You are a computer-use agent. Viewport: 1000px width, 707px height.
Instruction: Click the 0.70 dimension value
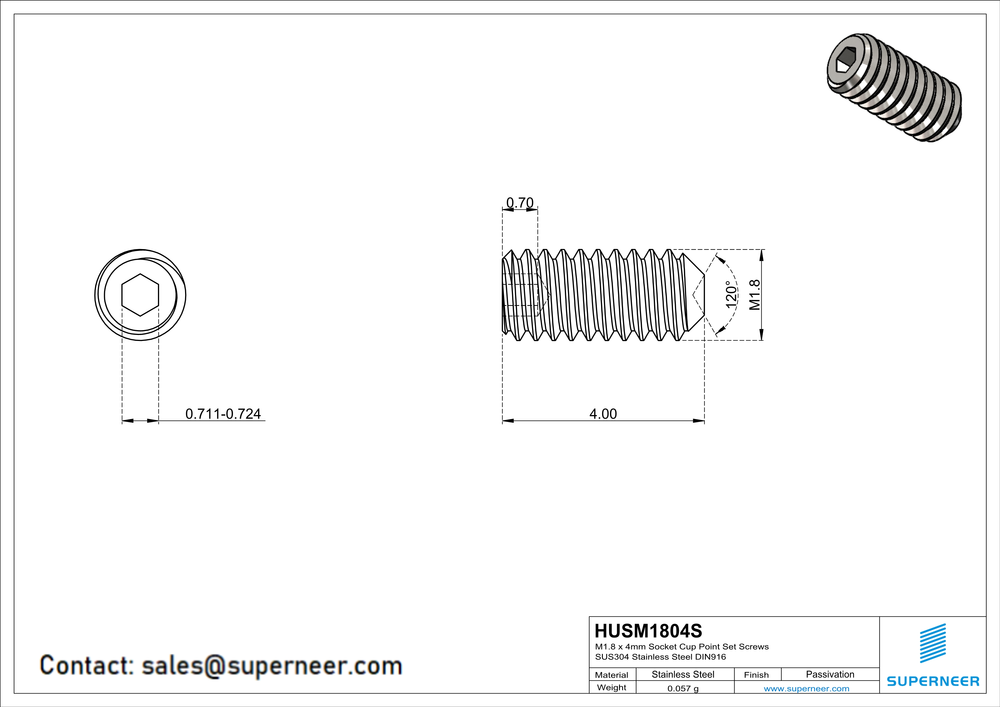(520, 203)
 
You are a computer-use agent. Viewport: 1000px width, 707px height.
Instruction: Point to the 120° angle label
(731, 295)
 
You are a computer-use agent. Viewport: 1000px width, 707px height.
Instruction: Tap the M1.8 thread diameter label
(754, 295)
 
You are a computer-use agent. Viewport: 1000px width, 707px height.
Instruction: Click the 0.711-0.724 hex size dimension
(223, 414)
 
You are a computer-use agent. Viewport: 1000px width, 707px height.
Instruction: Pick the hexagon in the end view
(140, 295)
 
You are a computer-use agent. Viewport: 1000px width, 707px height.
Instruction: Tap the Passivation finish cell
(830, 674)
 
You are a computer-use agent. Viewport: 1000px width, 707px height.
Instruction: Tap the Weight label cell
(612, 687)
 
